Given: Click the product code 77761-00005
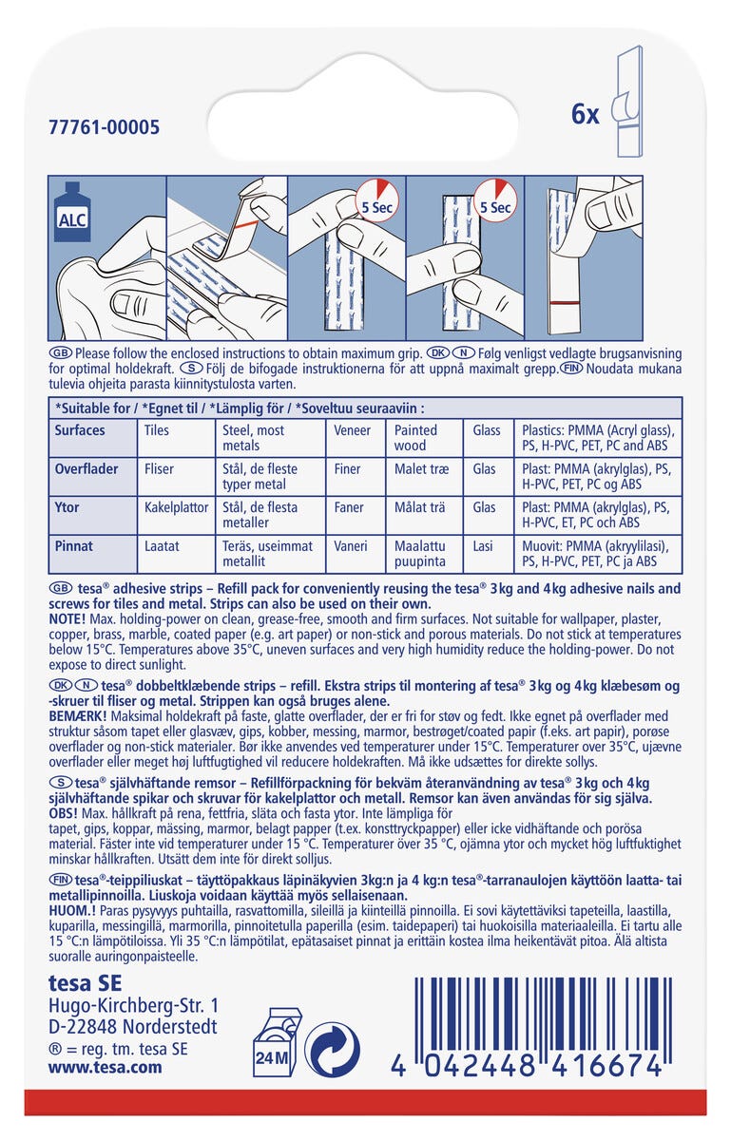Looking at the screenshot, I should click(104, 127).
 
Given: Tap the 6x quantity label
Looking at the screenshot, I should click(585, 115).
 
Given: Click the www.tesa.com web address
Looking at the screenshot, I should click(105, 1067).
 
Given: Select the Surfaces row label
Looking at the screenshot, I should click(80, 430).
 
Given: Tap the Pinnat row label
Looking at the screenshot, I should click(72, 546).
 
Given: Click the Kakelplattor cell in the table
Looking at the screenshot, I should click(176, 507).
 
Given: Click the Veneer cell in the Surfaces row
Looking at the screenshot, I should click(353, 430).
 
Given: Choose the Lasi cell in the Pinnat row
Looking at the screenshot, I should click(484, 546).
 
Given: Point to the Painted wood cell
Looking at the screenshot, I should click(417, 438).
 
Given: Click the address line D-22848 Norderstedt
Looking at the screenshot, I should click(132, 1027).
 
